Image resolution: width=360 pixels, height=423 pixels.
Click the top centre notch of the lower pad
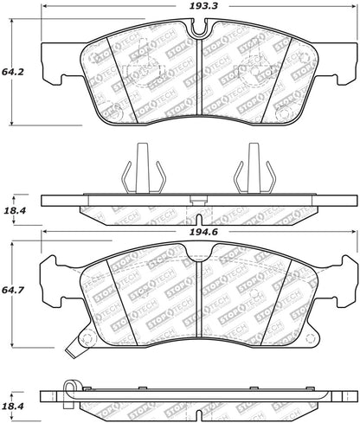pos(200,253)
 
